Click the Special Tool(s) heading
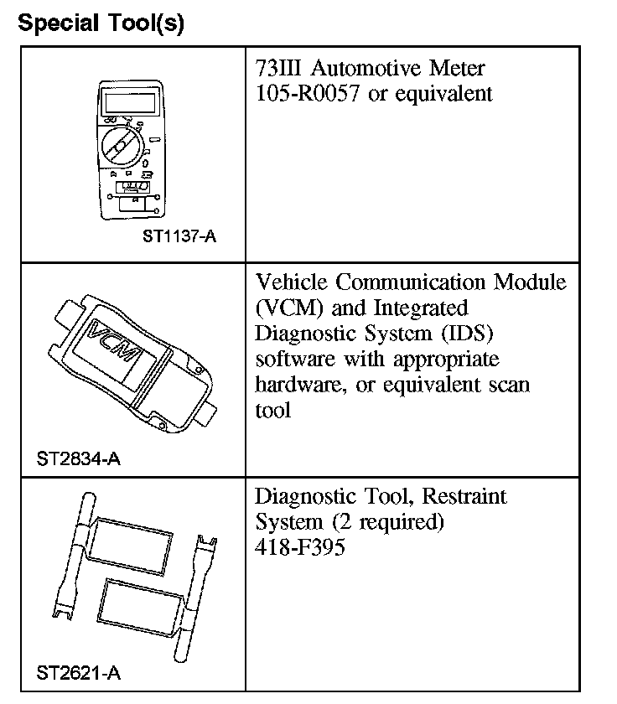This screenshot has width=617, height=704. pos(101,23)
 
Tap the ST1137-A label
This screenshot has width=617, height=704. pos(179,236)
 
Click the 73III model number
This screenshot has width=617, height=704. pos(277,67)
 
